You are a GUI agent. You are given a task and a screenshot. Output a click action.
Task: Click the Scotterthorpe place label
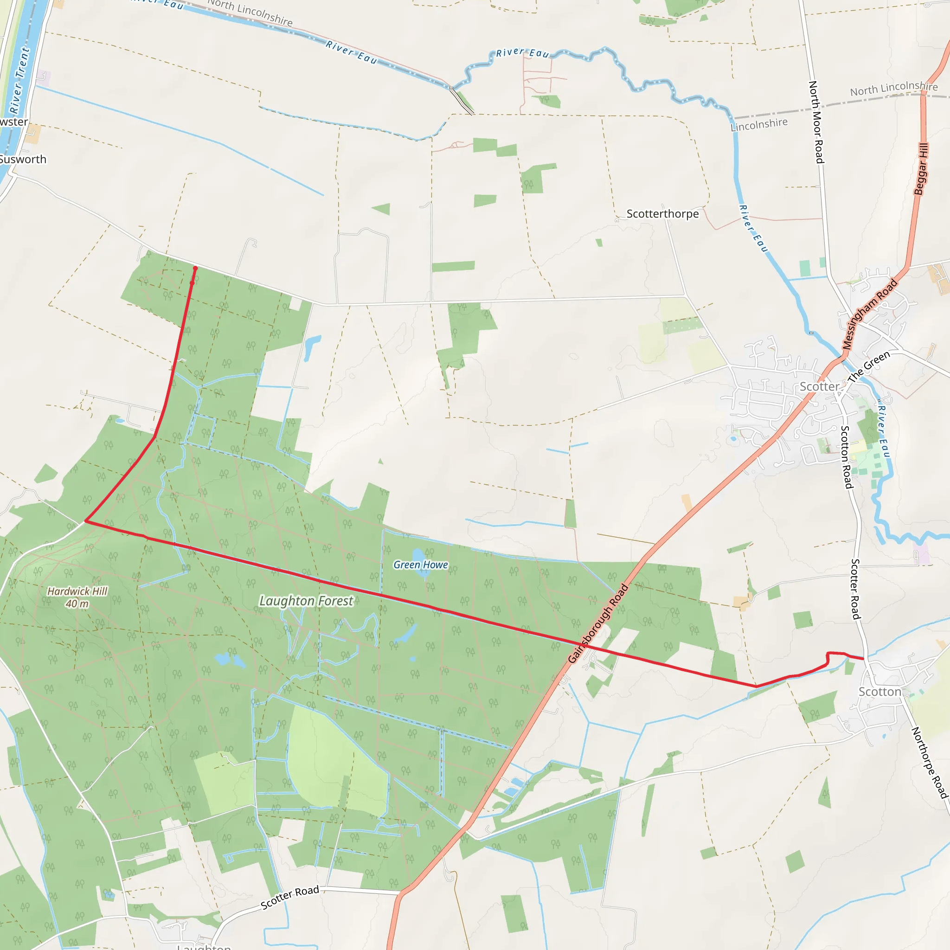[662, 214]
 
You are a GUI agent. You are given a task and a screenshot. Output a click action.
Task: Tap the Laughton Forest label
[306, 601]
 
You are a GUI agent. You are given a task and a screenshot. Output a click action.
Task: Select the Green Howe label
[420, 565]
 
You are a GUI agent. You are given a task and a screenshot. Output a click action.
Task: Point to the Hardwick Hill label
[77, 591]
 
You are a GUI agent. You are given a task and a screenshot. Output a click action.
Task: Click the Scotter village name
[819, 386]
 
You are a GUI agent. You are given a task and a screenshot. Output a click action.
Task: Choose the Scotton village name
[879, 692]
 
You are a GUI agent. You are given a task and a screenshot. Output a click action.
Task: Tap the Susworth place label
[23, 159]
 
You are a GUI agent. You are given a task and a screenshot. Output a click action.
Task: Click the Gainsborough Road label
[598, 623]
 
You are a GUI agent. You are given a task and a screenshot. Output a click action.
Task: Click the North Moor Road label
[816, 122]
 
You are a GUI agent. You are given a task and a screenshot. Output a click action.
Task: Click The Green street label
[869, 366]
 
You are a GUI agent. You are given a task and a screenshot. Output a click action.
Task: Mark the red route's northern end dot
[195, 268]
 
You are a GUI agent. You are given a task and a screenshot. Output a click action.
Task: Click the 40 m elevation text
[77, 603]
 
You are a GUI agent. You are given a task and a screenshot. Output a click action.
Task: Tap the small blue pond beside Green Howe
[417, 556]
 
